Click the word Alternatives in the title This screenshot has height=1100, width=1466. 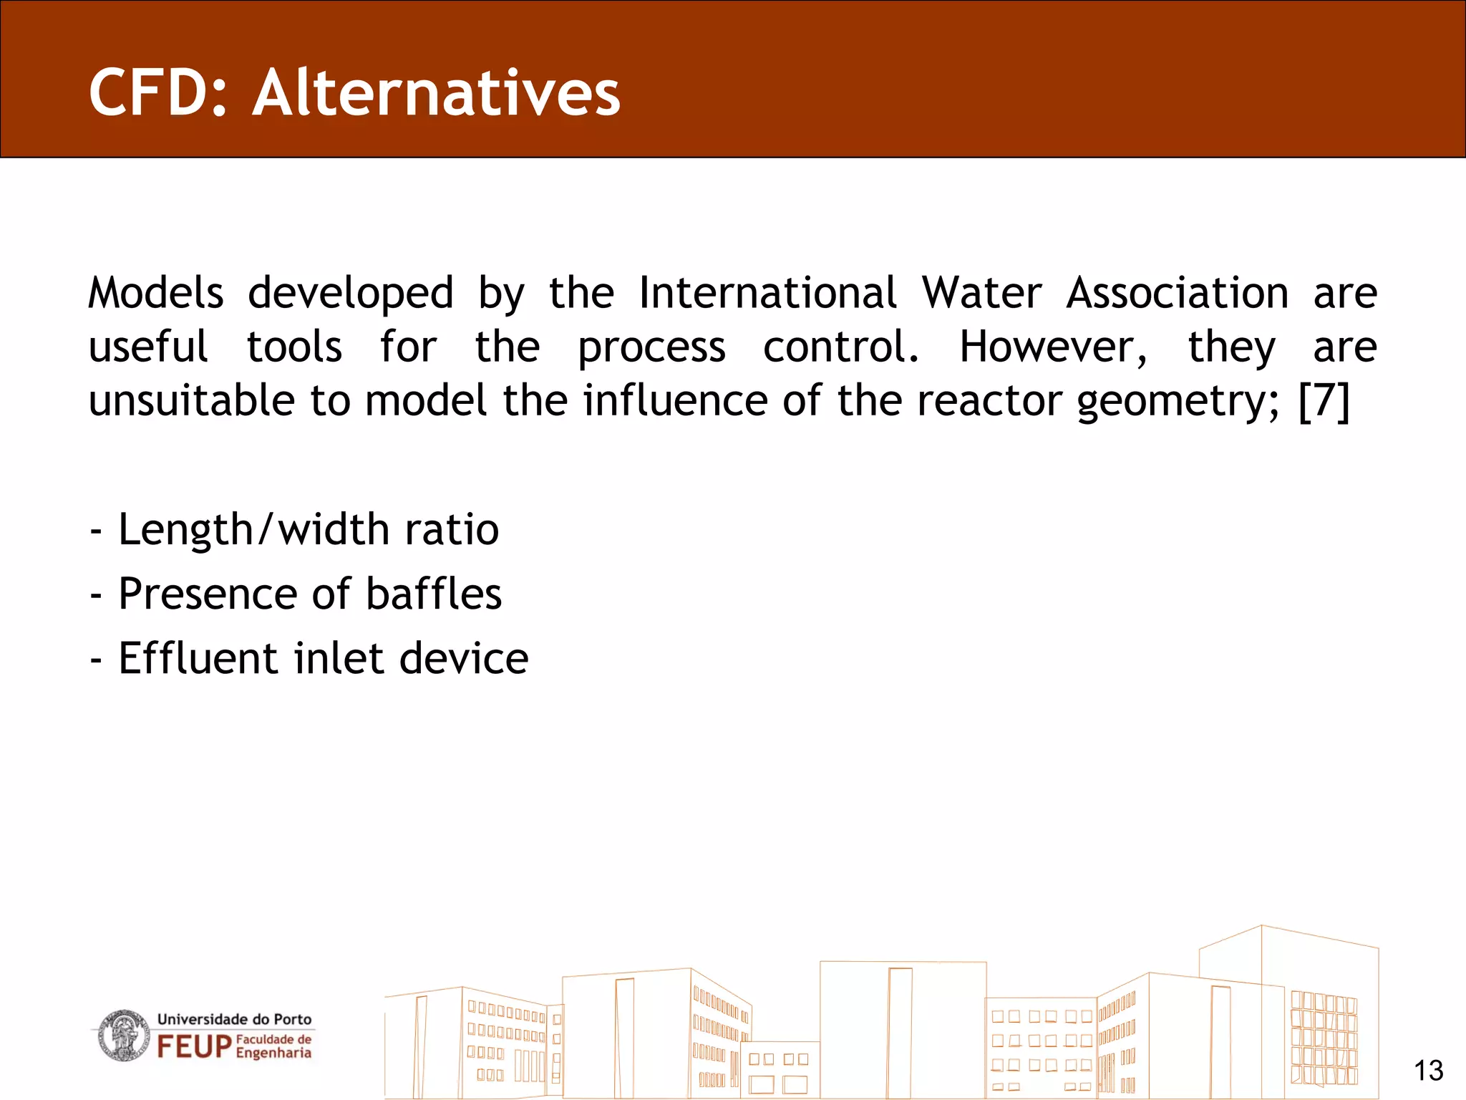coord(436,93)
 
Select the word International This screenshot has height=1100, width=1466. coord(767,293)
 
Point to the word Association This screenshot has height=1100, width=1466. coord(1178,293)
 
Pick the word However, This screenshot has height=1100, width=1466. coord(1053,347)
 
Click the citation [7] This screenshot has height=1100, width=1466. coord(1324,400)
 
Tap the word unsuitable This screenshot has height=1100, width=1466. coord(191,400)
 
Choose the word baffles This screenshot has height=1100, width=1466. coord(434,594)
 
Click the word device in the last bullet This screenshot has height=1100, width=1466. coord(463,658)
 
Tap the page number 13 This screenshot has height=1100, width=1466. coord(1428,1071)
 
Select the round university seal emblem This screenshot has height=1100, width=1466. coord(124,1036)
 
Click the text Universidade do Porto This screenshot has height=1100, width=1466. coord(234,1019)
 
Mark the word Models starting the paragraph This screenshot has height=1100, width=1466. coord(156,293)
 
